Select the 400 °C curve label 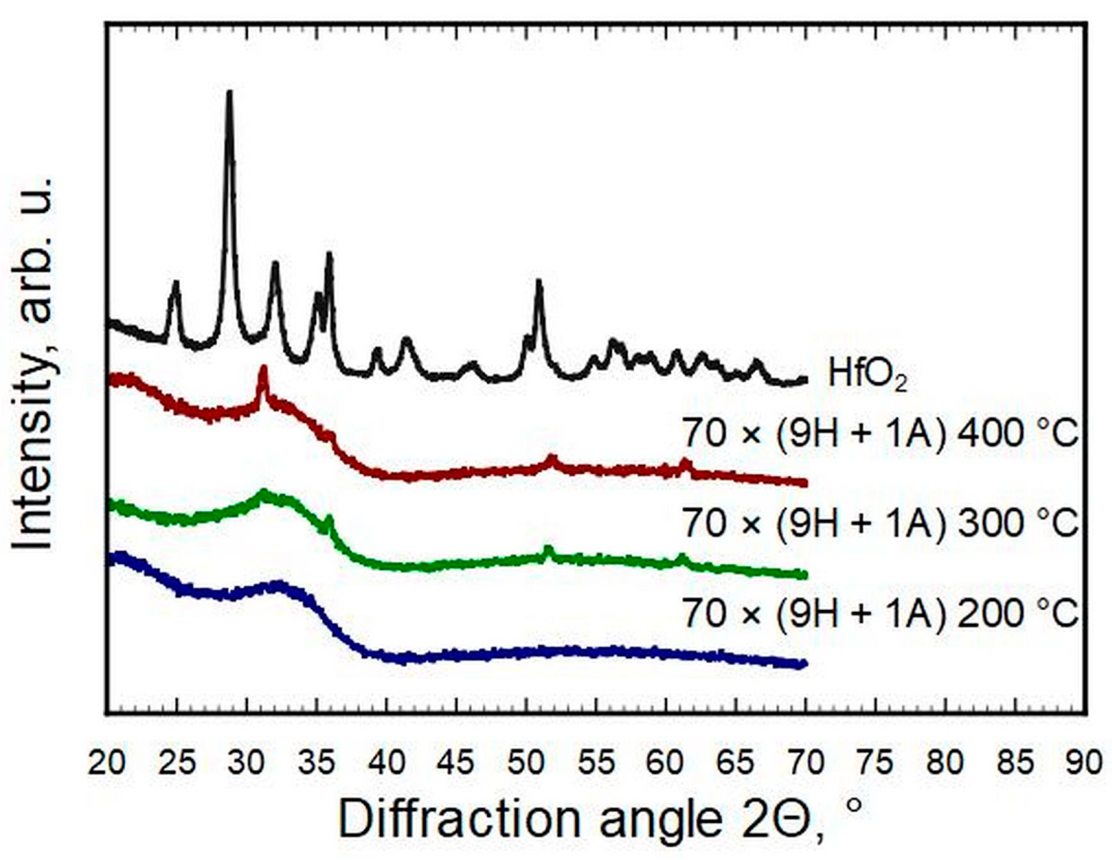(880, 435)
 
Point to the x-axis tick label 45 (457, 763)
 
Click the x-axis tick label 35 (317, 763)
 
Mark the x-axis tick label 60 (666, 763)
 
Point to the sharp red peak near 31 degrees (263, 368)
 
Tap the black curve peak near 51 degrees (539, 281)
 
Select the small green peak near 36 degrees (329, 519)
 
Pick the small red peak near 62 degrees (685, 462)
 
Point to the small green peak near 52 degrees (548, 549)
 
